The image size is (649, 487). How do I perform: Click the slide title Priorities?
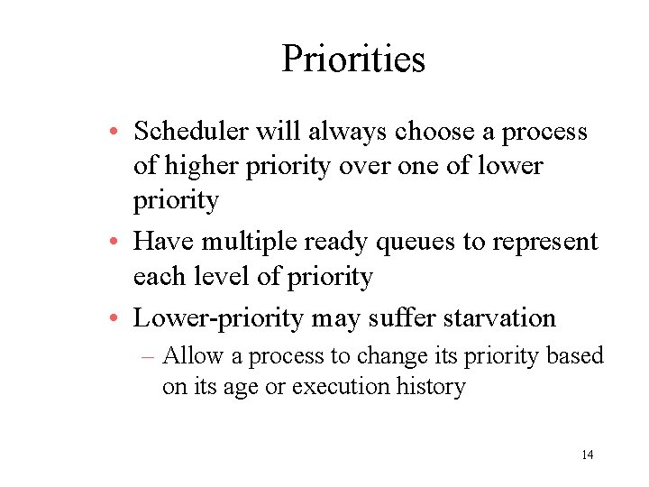pyautogui.click(x=352, y=60)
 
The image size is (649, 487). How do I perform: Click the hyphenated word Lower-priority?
pyautogui.click(x=218, y=319)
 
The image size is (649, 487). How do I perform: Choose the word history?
pyautogui.click(x=431, y=387)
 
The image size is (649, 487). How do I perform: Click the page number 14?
pyautogui.click(x=587, y=455)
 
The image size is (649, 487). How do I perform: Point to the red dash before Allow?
pyautogui.click(x=150, y=357)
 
